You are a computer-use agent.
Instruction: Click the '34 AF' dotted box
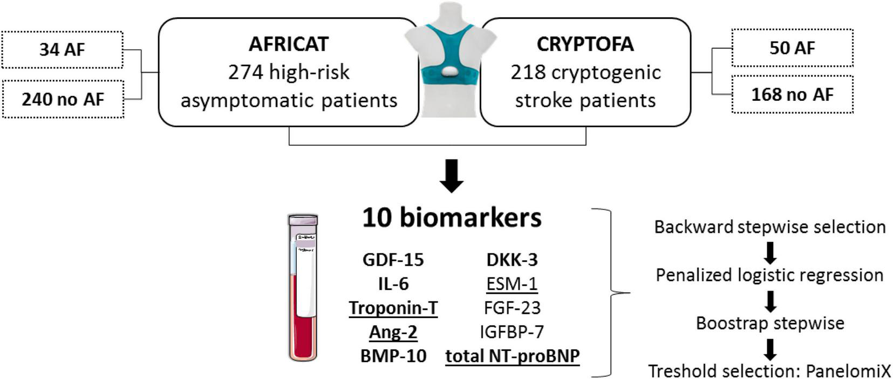click(x=62, y=50)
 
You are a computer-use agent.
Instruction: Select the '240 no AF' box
click(x=63, y=99)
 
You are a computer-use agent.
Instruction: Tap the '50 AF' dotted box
click(x=792, y=47)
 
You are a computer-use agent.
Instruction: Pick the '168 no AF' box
click(x=792, y=95)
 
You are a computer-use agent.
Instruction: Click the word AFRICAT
click(x=288, y=44)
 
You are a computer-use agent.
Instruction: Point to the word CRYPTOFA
click(x=585, y=44)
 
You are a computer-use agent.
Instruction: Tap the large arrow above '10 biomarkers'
click(x=452, y=176)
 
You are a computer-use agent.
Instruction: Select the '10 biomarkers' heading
click(x=452, y=218)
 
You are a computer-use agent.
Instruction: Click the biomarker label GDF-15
click(x=393, y=260)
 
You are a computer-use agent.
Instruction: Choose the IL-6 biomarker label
click(x=393, y=284)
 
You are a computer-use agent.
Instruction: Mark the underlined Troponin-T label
click(x=393, y=308)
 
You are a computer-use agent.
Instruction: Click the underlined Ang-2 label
click(x=393, y=332)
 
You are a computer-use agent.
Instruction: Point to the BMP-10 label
click(x=393, y=356)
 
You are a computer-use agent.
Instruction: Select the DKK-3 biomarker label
click(x=512, y=260)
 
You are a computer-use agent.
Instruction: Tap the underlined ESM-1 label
click(x=512, y=284)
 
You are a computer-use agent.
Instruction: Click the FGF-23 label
click(x=512, y=308)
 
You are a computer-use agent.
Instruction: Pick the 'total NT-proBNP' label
click(x=512, y=356)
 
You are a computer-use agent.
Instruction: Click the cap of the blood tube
click(x=303, y=220)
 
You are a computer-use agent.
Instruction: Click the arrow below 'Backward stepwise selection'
click(x=770, y=252)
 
